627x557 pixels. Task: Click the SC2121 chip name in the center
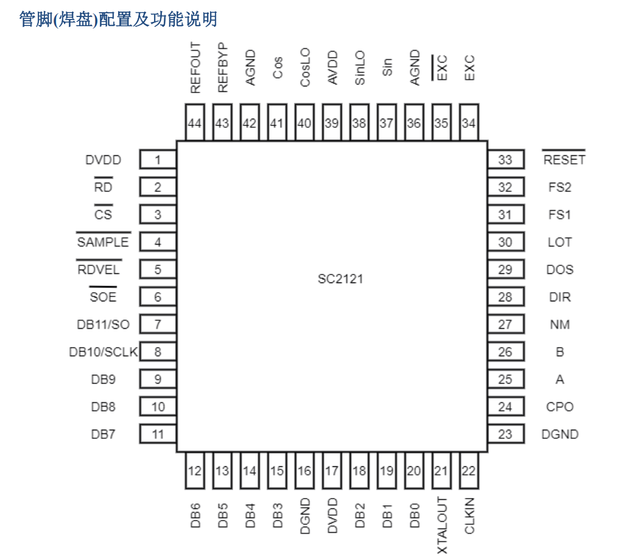(x=340, y=279)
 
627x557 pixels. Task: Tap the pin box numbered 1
(x=158, y=160)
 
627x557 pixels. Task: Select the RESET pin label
(x=564, y=160)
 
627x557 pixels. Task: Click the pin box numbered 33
(x=505, y=160)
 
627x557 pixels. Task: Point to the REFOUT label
(x=195, y=68)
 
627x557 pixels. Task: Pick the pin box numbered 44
(x=195, y=123)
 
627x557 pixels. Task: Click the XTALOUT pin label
(x=443, y=525)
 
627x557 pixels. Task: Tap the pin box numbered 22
(x=469, y=471)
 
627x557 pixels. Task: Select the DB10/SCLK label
(x=103, y=352)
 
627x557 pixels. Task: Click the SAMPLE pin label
(x=103, y=242)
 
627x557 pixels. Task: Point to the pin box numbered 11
(x=158, y=435)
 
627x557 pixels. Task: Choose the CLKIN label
(x=469, y=516)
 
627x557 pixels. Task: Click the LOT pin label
(x=559, y=242)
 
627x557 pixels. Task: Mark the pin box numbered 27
(x=505, y=324)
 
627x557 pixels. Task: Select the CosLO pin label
(x=305, y=68)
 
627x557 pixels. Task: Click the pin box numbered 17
(x=332, y=471)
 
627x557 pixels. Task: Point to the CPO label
(x=560, y=407)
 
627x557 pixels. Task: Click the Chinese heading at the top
(x=118, y=19)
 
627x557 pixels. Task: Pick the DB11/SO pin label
(x=103, y=324)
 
